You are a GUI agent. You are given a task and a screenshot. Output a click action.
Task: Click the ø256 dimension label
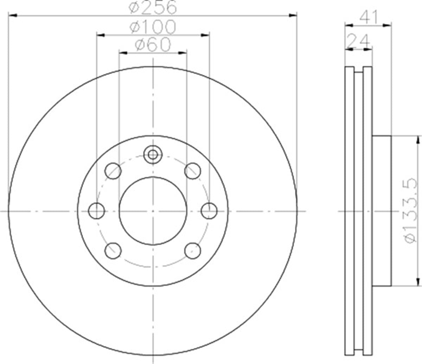(x=153, y=8)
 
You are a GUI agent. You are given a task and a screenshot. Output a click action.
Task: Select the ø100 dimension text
(x=153, y=27)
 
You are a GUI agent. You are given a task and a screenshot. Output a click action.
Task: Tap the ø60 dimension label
(x=153, y=45)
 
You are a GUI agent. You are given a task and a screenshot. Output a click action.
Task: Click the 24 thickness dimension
(x=358, y=42)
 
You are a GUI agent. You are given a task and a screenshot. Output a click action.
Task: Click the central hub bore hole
(x=153, y=211)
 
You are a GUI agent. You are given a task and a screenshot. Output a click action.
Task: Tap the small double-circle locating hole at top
(x=153, y=155)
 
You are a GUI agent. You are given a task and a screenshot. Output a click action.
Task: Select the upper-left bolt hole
(x=113, y=171)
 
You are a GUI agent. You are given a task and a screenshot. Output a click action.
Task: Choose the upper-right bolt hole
(x=192, y=171)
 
